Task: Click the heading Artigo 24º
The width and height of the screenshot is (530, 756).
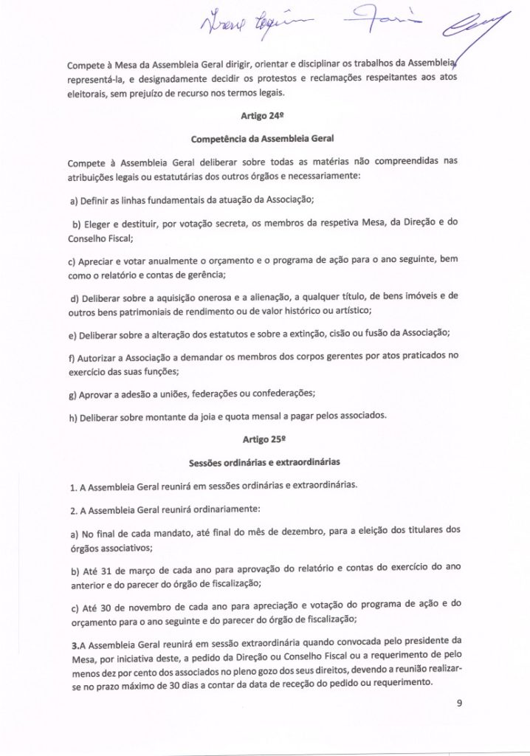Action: click(264, 117)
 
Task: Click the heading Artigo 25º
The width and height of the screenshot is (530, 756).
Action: click(264, 435)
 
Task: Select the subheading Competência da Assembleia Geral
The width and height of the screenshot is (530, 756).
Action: click(264, 139)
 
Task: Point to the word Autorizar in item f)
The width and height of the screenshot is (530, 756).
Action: click(95, 357)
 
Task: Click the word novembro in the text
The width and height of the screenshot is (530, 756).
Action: click(137, 604)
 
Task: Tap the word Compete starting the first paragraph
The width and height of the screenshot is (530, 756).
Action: click(86, 64)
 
